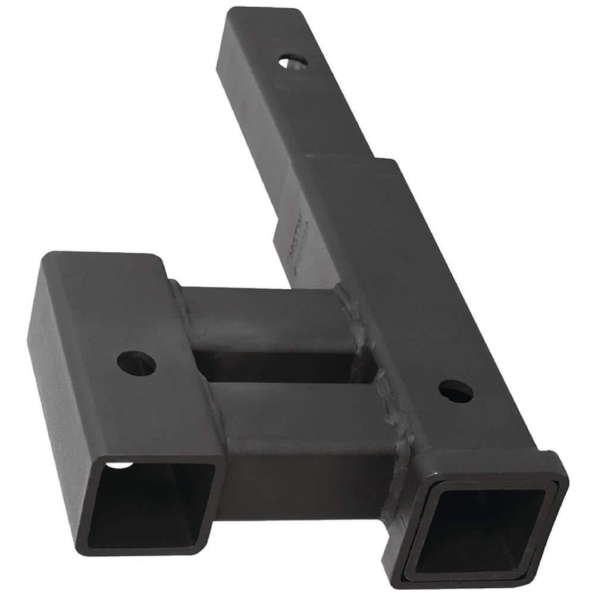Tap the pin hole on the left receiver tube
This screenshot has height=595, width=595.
[x=136, y=363]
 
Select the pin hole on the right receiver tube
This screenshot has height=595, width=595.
[x=456, y=391]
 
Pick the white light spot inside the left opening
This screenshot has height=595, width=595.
[x=121, y=464]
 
